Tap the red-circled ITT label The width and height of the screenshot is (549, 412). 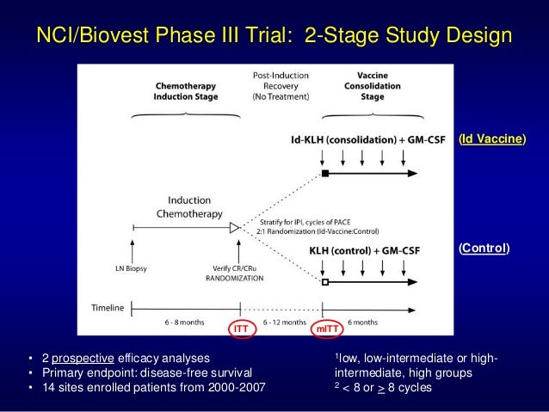tap(241, 327)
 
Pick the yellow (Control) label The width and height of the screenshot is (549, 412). tap(484, 249)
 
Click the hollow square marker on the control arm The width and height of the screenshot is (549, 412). tap(325, 281)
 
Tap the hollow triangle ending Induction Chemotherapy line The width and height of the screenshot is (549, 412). tap(233, 227)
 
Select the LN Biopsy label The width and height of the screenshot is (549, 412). tap(132, 268)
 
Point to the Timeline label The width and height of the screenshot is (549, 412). tap(108, 307)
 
